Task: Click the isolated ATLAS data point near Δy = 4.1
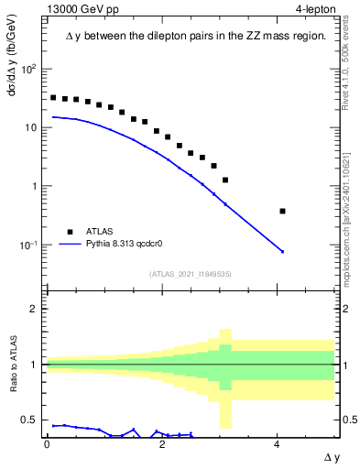(x=282, y=211)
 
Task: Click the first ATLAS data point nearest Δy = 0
(x=53, y=97)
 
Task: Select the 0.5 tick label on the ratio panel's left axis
(x=30, y=420)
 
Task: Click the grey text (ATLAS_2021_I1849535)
(x=191, y=273)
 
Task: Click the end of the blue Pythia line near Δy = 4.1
(x=282, y=251)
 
